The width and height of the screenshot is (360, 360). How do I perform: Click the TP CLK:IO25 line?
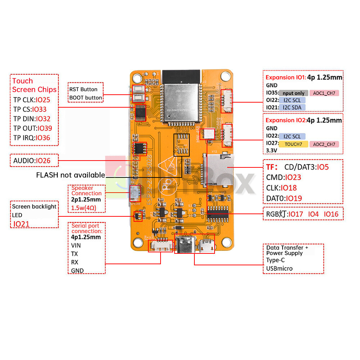(32, 100)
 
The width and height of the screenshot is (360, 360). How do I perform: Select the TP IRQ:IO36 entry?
(32, 138)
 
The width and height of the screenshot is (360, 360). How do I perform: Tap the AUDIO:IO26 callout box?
(32, 161)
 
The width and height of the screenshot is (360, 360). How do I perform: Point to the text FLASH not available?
(71, 175)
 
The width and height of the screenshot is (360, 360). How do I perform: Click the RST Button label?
(83, 89)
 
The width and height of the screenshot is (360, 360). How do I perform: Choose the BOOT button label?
(86, 98)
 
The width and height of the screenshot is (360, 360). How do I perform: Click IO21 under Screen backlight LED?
(22, 224)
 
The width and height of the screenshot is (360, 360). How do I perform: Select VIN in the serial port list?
(76, 246)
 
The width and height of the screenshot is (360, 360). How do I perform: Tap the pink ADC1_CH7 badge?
(324, 93)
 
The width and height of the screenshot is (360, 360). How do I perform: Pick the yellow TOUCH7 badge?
(293, 144)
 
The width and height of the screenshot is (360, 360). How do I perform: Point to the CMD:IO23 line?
(283, 177)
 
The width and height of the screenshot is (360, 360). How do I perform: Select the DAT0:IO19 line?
(284, 198)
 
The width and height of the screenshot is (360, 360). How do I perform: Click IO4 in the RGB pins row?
(313, 214)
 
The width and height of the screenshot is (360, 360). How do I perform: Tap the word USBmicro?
(279, 269)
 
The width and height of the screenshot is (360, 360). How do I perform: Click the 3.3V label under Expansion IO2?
(272, 151)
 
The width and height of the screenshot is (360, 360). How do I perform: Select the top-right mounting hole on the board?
(226, 76)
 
